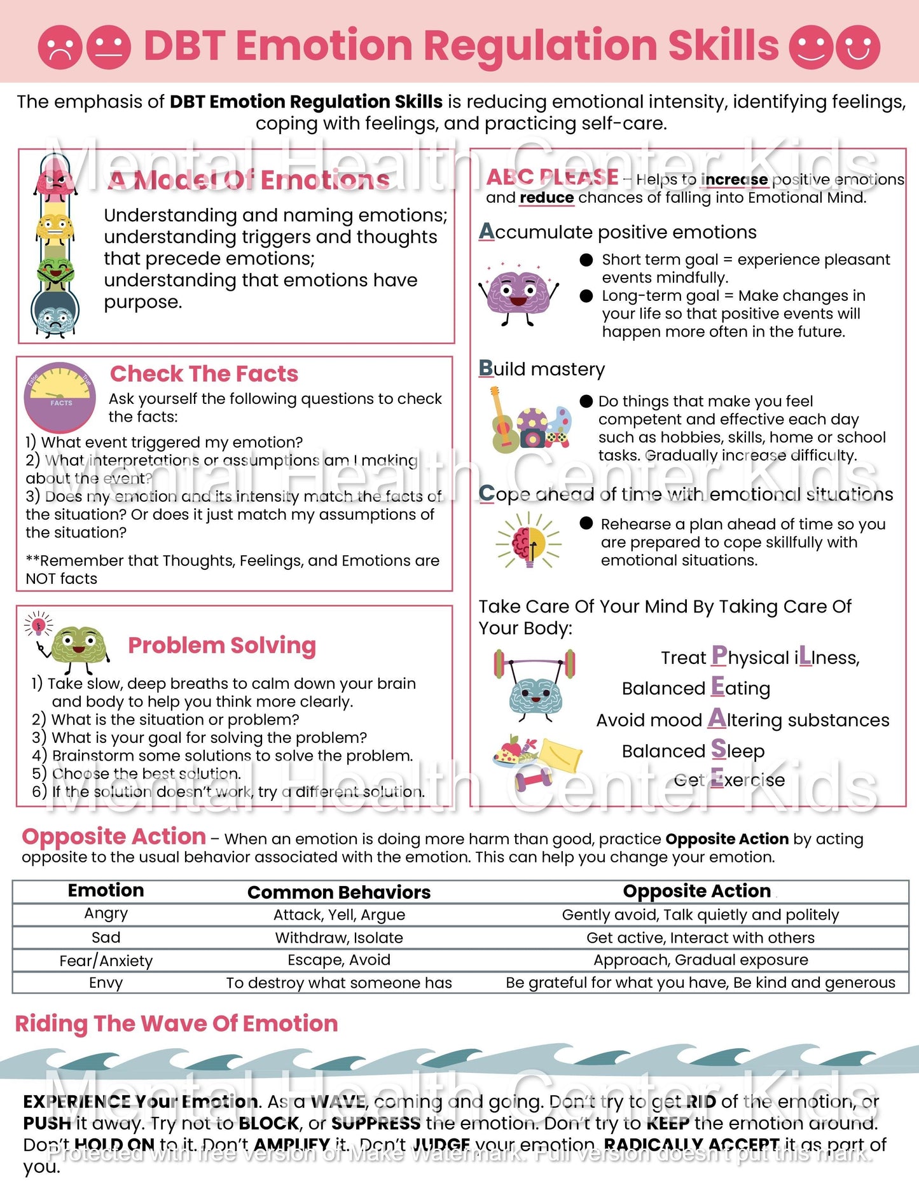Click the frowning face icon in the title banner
tap(60, 47)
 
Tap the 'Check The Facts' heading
tap(204, 374)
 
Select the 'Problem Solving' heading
tap(222, 645)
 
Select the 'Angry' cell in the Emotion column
tap(106, 914)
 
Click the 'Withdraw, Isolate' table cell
tap(339, 937)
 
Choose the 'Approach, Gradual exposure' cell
tap(700, 960)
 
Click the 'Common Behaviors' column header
tap(339, 892)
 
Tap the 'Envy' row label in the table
tap(106, 983)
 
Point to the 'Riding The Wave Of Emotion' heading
tap(176, 1023)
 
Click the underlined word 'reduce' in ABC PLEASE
tap(546, 198)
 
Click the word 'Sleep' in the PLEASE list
tap(738, 751)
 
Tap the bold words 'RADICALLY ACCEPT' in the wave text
tap(691, 1145)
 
